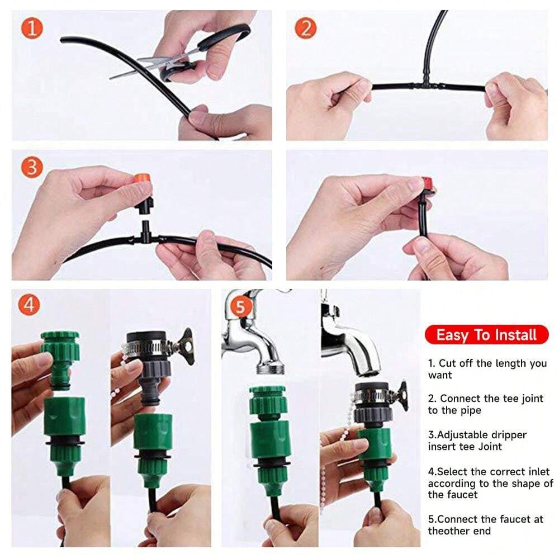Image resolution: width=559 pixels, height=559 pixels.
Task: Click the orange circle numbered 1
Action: click(x=32, y=28)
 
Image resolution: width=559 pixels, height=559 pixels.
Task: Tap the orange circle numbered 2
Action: click(x=306, y=28)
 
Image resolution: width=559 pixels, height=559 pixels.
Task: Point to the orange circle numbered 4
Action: click(x=29, y=305)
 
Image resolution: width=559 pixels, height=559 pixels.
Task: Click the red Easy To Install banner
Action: click(x=486, y=335)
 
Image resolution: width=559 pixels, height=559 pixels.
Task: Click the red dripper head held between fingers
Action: click(x=429, y=184)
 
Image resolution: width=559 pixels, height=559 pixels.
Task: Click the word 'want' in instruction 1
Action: click(x=440, y=375)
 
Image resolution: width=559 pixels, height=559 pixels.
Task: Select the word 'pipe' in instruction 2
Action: click(x=471, y=411)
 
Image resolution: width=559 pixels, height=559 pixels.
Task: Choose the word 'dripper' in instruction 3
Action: click(x=509, y=435)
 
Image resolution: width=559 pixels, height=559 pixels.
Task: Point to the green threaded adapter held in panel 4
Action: click(x=60, y=359)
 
